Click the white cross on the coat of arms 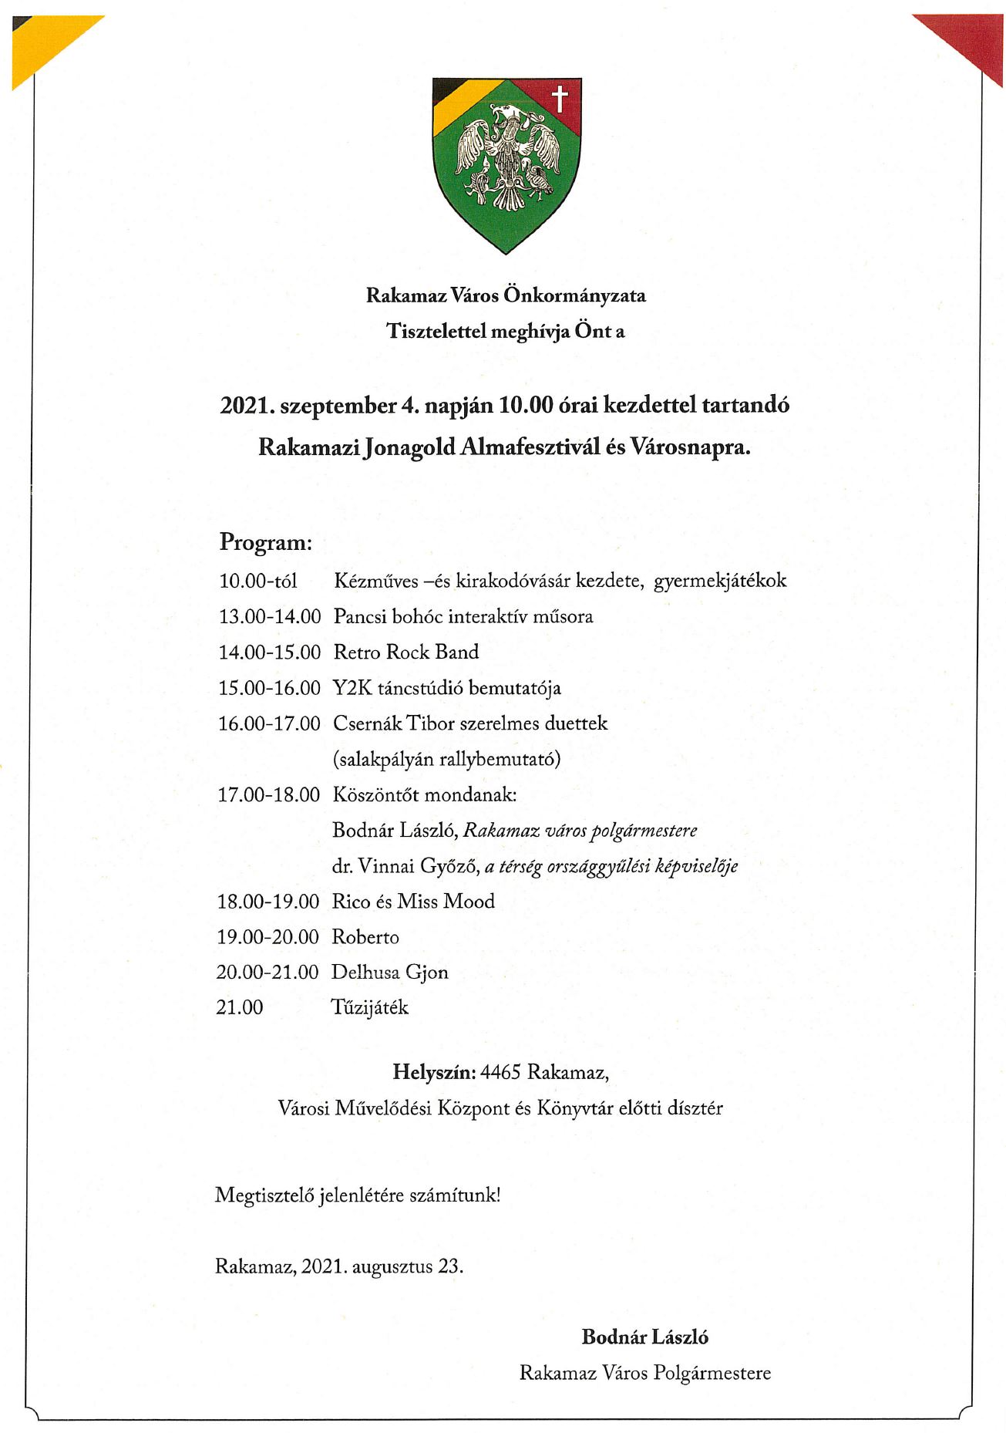tap(560, 99)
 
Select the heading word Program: tap(266, 542)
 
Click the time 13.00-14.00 tap(269, 617)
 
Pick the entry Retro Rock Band tap(405, 652)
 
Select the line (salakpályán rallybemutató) tap(446, 759)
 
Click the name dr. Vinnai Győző tap(405, 866)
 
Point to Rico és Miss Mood tap(413, 902)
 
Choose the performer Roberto tap(365, 937)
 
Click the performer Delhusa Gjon tap(389, 973)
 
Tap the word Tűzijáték tap(369, 1008)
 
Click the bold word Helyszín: tap(434, 1072)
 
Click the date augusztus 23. tap(407, 1266)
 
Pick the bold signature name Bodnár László tap(644, 1337)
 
